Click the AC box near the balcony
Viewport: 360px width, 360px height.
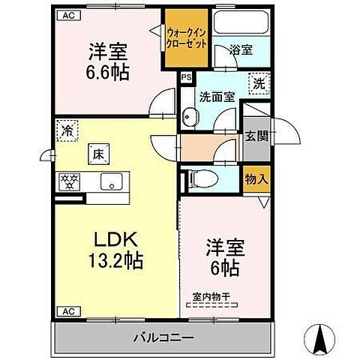pos(67,310)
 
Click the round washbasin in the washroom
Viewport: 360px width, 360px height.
pos(191,115)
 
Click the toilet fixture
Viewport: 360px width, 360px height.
pos(199,178)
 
